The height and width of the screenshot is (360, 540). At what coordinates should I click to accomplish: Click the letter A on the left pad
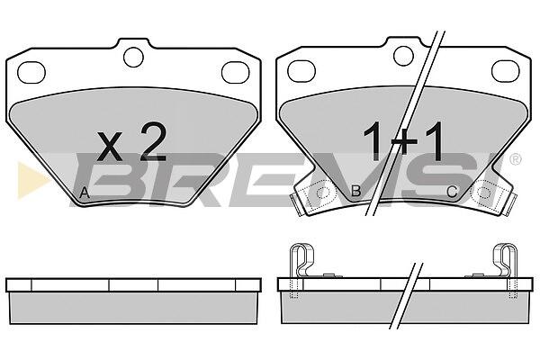pyautogui.click(x=85, y=193)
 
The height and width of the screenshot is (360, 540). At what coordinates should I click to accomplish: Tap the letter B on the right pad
pyautogui.click(x=355, y=191)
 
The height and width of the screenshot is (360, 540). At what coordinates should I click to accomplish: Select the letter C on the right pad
pyautogui.click(x=452, y=192)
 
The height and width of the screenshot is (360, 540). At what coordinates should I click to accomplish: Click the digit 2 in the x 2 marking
pyautogui.click(x=153, y=142)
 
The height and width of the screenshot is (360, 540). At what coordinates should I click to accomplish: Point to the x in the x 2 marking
pyautogui.click(x=110, y=147)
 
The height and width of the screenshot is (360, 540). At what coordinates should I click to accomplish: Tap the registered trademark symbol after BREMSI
pyautogui.click(x=515, y=158)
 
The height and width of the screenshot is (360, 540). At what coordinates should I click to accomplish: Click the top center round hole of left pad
pyautogui.click(x=133, y=57)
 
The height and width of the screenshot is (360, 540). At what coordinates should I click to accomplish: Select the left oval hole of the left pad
pyautogui.click(x=31, y=72)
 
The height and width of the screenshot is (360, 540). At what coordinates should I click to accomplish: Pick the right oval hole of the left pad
pyautogui.click(x=236, y=72)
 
